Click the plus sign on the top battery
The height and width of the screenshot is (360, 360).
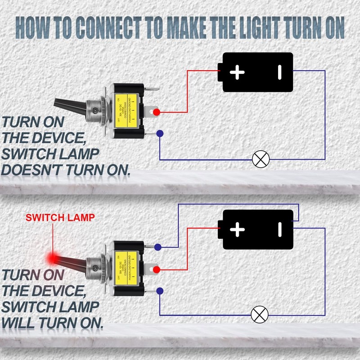tap(237, 72)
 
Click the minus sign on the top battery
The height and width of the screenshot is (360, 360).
tap(279, 72)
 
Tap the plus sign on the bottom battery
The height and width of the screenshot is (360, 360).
tap(237, 230)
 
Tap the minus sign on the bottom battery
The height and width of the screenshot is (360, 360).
tap(279, 230)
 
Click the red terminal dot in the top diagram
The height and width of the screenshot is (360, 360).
tap(156, 112)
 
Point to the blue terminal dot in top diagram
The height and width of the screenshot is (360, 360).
tap(159, 133)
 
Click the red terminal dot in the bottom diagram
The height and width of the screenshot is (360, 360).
tap(156, 269)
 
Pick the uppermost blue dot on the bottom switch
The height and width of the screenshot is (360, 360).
tap(157, 247)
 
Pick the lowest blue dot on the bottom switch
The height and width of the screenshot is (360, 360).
tap(159, 291)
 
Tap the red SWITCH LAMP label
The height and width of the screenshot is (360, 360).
tap(60, 217)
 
